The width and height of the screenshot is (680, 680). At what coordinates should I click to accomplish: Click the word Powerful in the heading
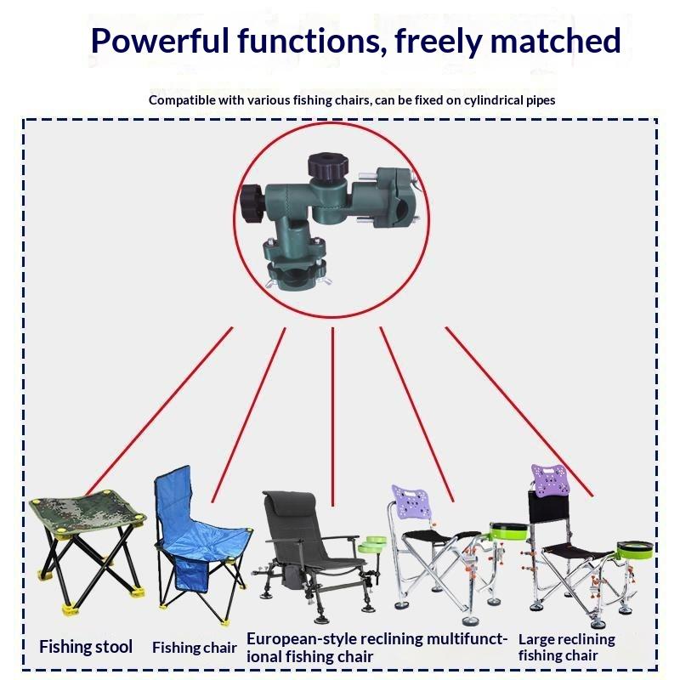tap(160, 41)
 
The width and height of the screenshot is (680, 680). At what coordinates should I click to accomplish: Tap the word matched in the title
tap(556, 41)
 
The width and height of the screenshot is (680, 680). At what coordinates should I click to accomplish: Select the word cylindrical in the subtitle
tap(492, 100)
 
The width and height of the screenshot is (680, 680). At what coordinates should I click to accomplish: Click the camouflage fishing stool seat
tap(88, 513)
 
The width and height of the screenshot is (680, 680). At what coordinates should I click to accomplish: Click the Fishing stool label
tap(86, 647)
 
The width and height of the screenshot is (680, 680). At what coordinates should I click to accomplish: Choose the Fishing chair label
tap(195, 648)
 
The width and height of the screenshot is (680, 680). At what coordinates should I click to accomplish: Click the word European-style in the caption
tap(302, 639)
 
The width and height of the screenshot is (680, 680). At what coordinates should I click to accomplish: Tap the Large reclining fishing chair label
tap(566, 647)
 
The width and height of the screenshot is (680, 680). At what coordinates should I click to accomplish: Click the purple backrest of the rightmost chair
tap(549, 480)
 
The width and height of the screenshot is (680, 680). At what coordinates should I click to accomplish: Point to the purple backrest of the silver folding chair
tap(411, 501)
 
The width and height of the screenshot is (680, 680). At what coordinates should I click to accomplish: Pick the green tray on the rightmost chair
tap(634, 550)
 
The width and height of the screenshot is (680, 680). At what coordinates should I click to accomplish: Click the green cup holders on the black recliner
tap(372, 544)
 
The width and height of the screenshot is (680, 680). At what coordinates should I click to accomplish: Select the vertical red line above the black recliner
tap(332, 416)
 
